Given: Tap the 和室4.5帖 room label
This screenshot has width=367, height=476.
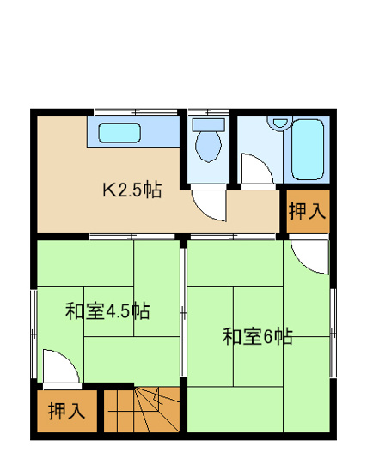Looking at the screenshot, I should pyautogui.click(x=107, y=310).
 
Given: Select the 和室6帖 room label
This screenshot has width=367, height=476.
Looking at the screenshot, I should pyautogui.click(x=257, y=336).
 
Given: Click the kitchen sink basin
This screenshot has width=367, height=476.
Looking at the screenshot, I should pyautogui.click(x=119, y=133).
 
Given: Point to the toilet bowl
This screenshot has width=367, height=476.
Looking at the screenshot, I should pyautogui.click(x=207, y=143).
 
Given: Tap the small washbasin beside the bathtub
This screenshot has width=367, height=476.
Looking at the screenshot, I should pyautogui.click(x=278, y=124).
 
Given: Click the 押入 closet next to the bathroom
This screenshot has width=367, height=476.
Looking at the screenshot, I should pyautogui.click(x=306, y=211).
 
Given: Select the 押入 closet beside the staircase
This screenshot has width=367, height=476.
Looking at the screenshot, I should pyautogui.click(x=66, y=411).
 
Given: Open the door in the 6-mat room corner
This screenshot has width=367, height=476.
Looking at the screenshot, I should pyautogui.click(x=309, y=255).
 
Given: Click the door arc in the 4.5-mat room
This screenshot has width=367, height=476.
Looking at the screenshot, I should pyautogui.click(x=60, y=365).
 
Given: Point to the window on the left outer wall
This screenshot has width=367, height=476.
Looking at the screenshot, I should pyautogui.click(x=34, y=334).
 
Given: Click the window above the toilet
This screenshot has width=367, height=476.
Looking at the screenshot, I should pyautogui.click(x=207, y=111).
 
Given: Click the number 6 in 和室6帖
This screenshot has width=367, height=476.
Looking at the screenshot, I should pyautogui.click(x=266, y=337).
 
